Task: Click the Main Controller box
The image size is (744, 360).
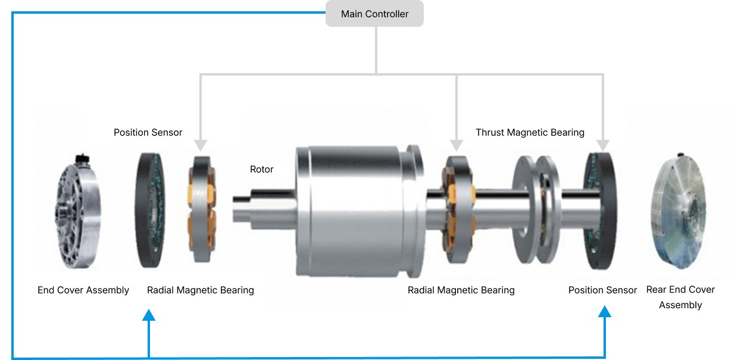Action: pyautogui.click(x=374, y=14)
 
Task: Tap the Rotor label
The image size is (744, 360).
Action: pyautogui.click(x=261, y=170)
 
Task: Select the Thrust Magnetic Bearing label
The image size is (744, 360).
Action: pyautogui.click(x=530, y=132)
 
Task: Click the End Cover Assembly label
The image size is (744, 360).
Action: pyautogui.click(x=83, y=290)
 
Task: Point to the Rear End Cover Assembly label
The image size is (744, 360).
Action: pyautogui.click(x=680, y=297)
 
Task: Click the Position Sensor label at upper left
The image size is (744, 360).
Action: pyautogui.click(x=148, y=132)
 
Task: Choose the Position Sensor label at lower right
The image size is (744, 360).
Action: pyautogui.click(x=602, y=290)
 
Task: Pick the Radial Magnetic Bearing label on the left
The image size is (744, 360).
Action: pyautogui.click(x=200, y=290)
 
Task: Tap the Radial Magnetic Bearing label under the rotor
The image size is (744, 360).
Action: pyautogui.click(x=461, y=290)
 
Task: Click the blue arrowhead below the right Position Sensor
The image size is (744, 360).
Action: pyautogui.click(x=605, y=313)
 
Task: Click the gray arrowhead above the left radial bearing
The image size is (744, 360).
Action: pyautogui.click(x=200, y=144)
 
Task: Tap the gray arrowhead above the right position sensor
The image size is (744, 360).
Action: pyautogui.click(x=602, y=144)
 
